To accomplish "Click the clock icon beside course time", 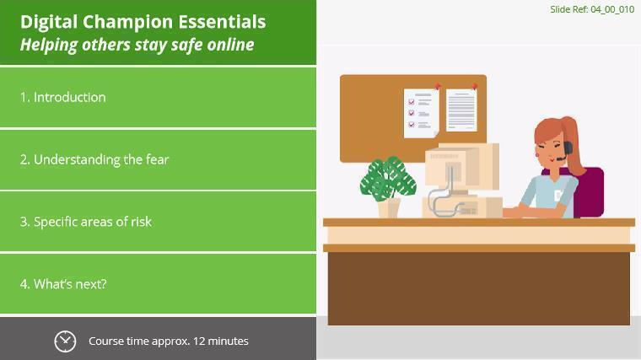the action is (x=65, y=341).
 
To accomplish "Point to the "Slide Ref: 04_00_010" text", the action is (x=592, y=9).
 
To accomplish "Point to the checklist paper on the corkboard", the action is (x=421, y=113).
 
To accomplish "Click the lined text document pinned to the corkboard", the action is (x=461, y=110).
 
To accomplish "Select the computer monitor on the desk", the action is (x=462, y=168).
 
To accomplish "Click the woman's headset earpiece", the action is (x=568, y=147).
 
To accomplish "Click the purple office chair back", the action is (x=590, y=192).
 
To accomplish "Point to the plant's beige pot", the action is (x=389, y=207).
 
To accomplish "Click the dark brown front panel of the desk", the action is (x=479, y=288).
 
